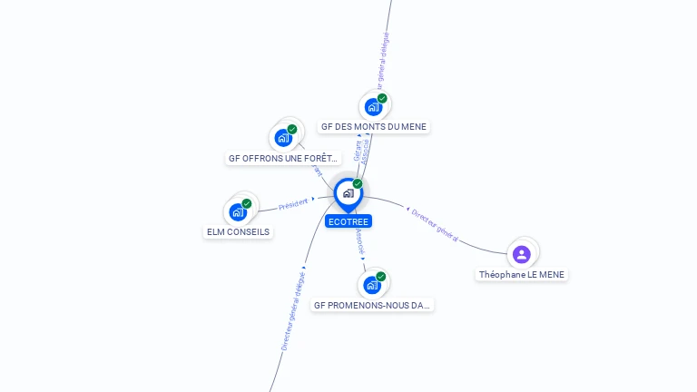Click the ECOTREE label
(349, 220)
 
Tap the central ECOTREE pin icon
(348, 193)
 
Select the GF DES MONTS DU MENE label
(374, 127)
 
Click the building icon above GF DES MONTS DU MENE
(373, 107)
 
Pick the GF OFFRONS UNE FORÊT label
(283, 159)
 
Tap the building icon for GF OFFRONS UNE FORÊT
(283, 138)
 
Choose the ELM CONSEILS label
(239, 231)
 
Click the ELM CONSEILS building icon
(238, 212)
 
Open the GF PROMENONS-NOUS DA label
(372, 306)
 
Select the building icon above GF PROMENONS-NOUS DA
(372, 285)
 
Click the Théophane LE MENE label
(523, 274)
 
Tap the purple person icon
(521, 254)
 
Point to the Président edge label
(293, 204)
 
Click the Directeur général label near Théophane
(435, 224)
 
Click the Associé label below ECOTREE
(360, 240)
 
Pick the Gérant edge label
(358, 151)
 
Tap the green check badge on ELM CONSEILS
(246, 203)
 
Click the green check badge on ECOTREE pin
(358, 183)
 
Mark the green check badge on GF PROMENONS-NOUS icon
(381, 276)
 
